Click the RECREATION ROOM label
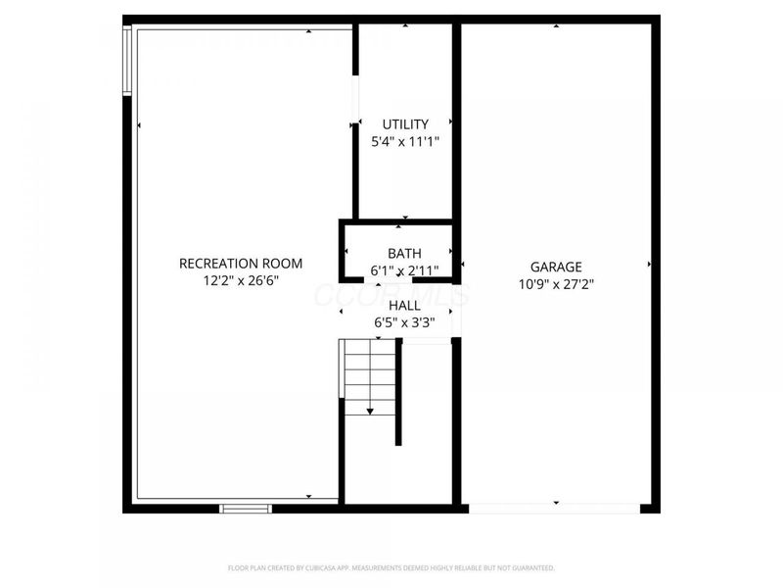pos(241,264)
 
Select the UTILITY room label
pos(405,124)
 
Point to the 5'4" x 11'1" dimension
pos(405,142)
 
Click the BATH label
pos(404,254)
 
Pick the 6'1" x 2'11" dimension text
pos(404,270)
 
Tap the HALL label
pos(404,305)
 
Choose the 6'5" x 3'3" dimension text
pos(404,321)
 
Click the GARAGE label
pos(556,267)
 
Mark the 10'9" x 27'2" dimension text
pos(556,284)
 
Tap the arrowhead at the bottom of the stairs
pos(371,411)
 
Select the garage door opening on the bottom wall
pos(555,509)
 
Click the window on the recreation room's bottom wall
pos(245,509)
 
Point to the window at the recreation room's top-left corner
pos(127,60)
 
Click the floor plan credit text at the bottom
pos(391,567)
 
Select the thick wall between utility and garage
pos(456,118)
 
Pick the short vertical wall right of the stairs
pos(398,392)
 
